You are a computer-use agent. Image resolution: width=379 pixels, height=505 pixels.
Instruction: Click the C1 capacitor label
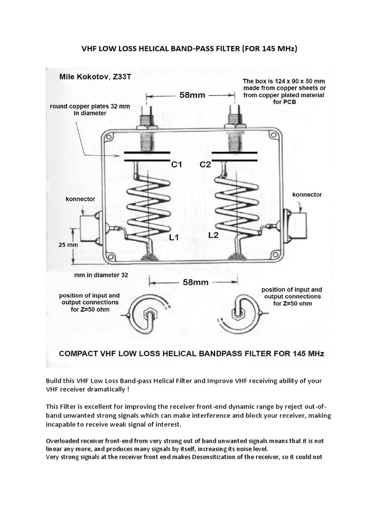click(x=177, y=166)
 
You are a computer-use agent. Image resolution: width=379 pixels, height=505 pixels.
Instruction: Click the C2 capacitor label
click(x=205, y=166)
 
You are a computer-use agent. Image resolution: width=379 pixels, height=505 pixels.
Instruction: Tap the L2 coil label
click(x=213, y=235)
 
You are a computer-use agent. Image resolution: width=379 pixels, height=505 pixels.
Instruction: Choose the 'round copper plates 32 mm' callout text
click(x=84, y=110)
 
